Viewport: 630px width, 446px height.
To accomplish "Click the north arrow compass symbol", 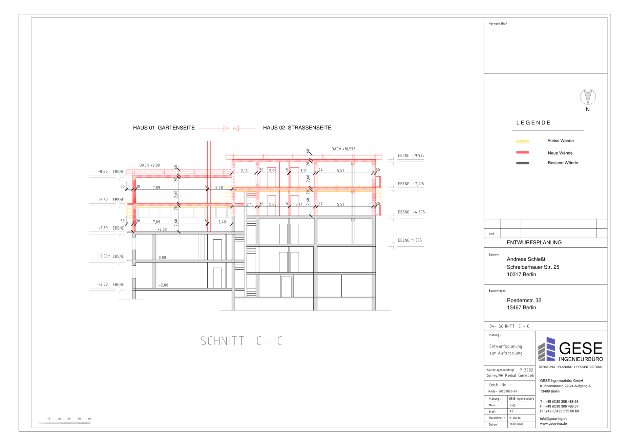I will (x=588, y=97).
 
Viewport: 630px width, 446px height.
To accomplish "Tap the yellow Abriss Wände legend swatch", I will (x=522, y=141).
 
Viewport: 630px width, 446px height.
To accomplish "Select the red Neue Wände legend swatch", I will (x=522, y=152).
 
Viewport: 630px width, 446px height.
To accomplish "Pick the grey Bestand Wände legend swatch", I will (x=522, y=163).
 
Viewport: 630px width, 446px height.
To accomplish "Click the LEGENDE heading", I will (x=533, y=123).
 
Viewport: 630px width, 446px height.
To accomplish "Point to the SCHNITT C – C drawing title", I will (x=241, y=341).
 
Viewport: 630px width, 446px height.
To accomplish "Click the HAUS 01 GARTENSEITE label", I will (x=164, y=128).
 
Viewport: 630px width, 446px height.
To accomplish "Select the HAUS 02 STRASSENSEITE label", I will (x=297, y=128).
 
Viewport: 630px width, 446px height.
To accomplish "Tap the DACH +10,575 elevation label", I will (x=343, y=149).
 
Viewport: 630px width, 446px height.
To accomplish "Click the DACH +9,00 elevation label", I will (x=150, y=166).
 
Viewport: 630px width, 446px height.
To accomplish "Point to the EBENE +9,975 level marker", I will (x=411, y=156).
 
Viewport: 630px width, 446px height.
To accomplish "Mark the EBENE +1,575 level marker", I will (x=409, y=240).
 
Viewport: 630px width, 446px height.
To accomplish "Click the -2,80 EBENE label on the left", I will (x=112, y=285).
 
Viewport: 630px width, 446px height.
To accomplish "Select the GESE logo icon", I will (x=547, y=349).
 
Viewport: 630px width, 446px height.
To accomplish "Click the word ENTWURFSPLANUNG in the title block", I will (x=534, y=243).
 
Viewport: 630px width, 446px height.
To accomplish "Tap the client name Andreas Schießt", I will (x=526, y=259).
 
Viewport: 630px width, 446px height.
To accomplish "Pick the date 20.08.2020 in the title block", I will (x=516, y=424).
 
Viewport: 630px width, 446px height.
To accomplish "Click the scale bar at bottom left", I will (x=64, y=422).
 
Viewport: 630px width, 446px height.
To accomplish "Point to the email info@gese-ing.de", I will (x=554, y=419).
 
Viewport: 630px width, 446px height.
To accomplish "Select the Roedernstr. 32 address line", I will (x=524, y=301).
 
